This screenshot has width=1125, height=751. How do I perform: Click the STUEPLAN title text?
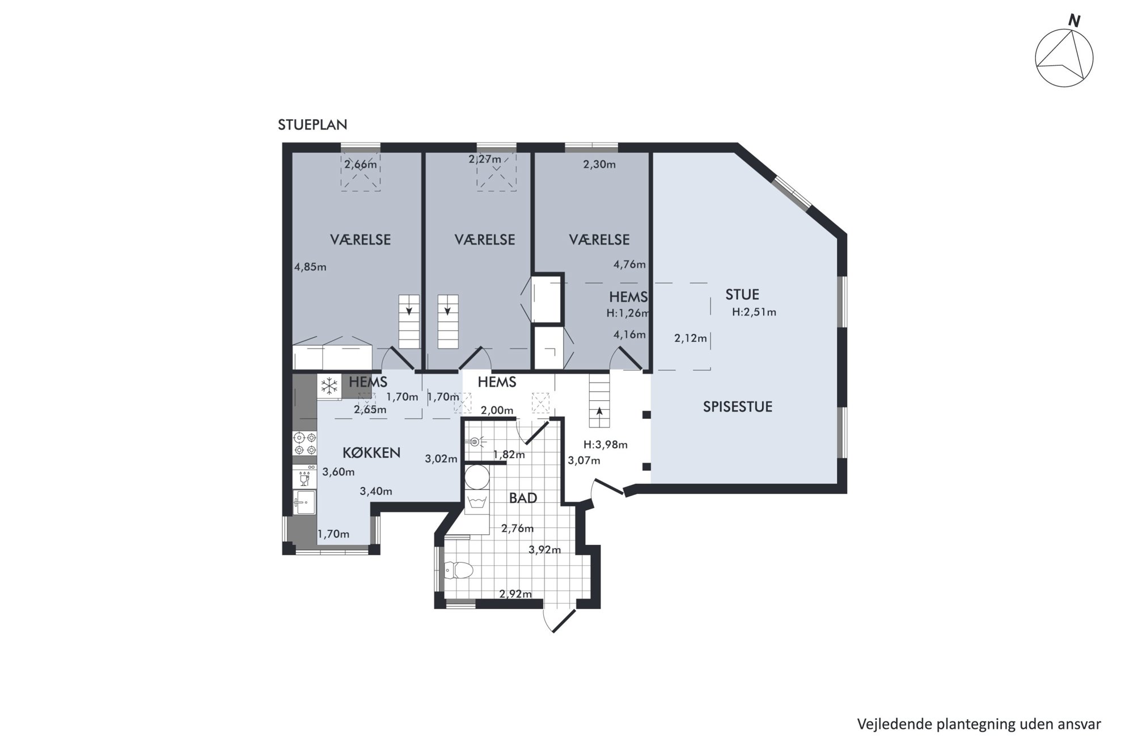click(312, 125)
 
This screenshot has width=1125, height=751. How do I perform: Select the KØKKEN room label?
click(371, 453)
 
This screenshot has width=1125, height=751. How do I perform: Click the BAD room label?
click(523, 498)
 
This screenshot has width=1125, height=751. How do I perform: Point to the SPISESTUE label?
click(738, 407)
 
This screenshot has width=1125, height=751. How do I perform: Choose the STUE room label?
click(742, 295)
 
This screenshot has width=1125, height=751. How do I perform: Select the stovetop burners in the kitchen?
click(304, 444)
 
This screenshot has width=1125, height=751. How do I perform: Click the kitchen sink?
click(304, 502)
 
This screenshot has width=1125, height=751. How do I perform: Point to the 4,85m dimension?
click(310, 267)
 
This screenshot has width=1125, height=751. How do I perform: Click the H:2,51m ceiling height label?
click(754, 312)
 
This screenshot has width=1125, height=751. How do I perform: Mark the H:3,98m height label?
click(606, 445)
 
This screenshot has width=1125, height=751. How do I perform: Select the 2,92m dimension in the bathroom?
click(515, 594)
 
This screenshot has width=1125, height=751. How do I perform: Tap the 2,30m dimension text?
click(599, 165)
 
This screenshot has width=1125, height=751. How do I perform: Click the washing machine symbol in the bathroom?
click(476, 502)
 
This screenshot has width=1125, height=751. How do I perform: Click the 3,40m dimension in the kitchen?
click(376, 492)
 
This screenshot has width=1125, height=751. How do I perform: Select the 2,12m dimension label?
click(691, 339)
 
